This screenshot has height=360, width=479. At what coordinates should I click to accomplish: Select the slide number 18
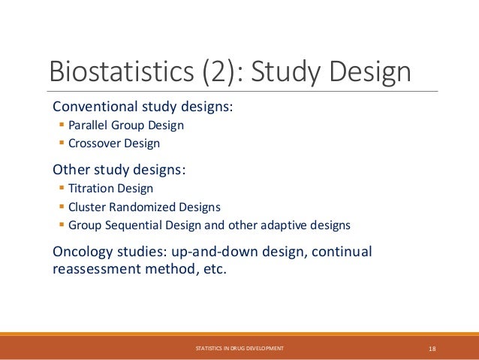(432, 349)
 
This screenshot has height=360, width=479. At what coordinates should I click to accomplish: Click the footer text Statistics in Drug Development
(239, 349)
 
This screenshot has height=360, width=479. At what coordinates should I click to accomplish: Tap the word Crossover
(92, 143)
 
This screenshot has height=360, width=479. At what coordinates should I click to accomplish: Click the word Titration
(88, 189)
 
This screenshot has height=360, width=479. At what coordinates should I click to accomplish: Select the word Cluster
(85, 207)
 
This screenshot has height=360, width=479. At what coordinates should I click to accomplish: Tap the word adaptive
(289, 225)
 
